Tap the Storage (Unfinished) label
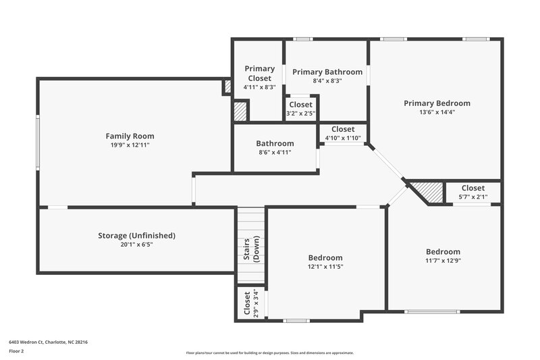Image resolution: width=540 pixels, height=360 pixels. click(136, 236)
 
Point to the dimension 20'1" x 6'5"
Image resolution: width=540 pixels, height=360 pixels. click(136, 245)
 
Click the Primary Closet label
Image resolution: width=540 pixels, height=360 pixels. click(259, 73)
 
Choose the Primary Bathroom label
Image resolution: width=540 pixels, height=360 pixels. click(327, 72)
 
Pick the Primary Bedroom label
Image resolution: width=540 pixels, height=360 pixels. click(437, 103)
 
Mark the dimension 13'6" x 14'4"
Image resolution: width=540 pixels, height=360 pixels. click(437, 112)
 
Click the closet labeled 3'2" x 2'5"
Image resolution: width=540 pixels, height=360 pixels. click(300, 109)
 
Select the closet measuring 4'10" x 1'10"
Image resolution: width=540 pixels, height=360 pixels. click(343, 133)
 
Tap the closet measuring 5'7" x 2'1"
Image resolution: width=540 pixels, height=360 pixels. click(473, 192)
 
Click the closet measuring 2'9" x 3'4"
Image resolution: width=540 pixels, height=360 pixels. click(250, 303)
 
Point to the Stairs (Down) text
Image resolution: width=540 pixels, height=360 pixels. click(251, 249)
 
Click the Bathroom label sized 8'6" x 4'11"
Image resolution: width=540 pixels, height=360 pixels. click(275, 148)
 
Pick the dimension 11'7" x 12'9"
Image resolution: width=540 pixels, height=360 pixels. click(443, 261)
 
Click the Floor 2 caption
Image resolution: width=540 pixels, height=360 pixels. click(17, 352)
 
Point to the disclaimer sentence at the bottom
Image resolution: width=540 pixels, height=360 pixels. click(269, 353)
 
